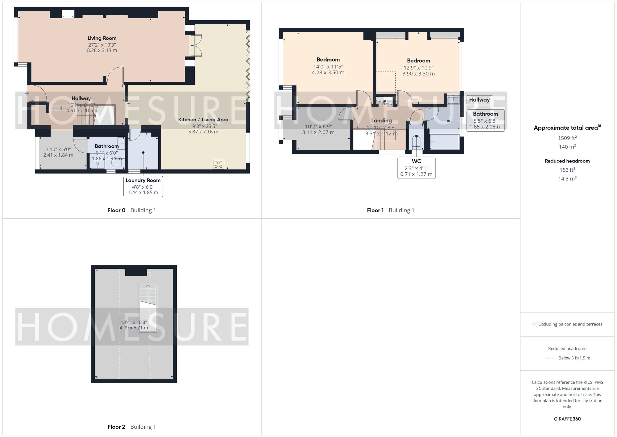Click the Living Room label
[102, 38]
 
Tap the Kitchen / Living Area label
[203, 120]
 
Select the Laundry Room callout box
[143, 186]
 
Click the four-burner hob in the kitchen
[218, 164]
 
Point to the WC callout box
[416, 168]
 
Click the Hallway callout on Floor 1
[479, 100]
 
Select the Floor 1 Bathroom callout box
[485, 120]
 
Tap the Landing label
[381, 120]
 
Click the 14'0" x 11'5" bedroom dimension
[328, 66]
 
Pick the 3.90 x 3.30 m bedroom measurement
[418, 74]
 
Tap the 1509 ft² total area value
[567, 138]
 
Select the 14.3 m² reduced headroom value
[567, 179]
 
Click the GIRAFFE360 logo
[567, 419]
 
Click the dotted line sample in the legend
[550, 358]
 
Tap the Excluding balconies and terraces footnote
[567, 324]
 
